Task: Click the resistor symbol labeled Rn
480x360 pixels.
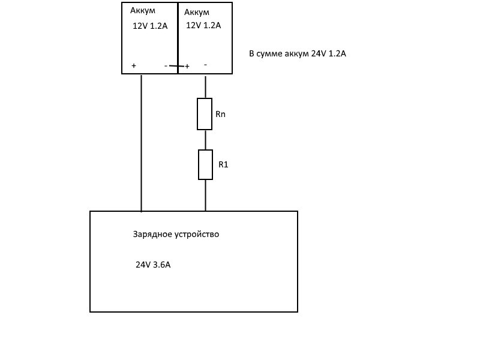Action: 205,114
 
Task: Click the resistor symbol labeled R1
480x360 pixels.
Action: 206,165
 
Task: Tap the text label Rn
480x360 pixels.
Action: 220,114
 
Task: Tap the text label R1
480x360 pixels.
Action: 223,164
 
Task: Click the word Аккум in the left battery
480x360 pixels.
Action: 143,10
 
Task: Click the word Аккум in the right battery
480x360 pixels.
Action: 197,12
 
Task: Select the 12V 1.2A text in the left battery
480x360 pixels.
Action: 150,26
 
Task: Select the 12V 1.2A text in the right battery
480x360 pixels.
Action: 203,25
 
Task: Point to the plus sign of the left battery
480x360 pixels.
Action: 133,65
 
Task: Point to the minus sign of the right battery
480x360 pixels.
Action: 205,64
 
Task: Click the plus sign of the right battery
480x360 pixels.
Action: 187,66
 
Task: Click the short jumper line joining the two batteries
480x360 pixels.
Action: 177,66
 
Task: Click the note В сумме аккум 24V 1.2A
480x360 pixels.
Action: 298,53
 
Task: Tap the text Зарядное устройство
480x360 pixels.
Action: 176,234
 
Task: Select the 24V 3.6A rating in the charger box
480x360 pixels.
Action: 153,265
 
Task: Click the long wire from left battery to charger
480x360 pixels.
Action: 142,144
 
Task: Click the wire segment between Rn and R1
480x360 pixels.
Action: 205,140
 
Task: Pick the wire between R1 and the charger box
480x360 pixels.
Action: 206,195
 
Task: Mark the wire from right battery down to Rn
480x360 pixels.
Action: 205,87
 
